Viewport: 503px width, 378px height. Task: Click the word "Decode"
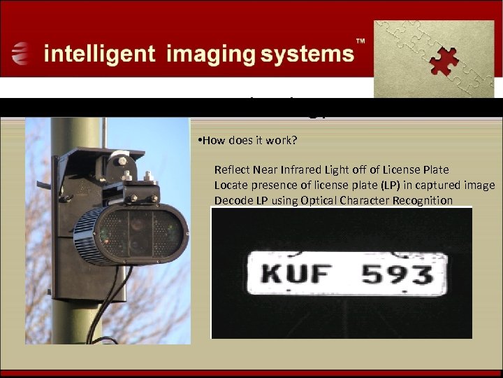point(233,200)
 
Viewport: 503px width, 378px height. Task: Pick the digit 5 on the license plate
point(375,274)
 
